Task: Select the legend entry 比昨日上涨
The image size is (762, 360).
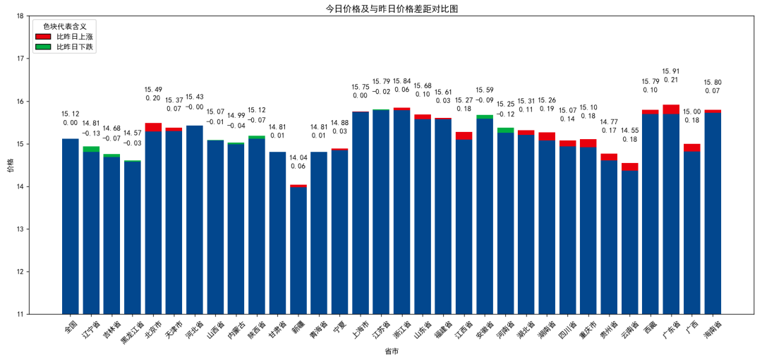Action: pyautogui.click(x=75, y=36)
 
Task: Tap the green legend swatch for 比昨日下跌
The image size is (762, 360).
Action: pyautogui.click(x=44, y=47)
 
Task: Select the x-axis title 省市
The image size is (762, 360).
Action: pyautogui.click(x=392, y=351)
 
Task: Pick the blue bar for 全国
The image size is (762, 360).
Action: pyautogui.click(x=71, y=226)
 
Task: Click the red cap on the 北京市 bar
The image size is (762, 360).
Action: pyautogui.click(x=153, y=127)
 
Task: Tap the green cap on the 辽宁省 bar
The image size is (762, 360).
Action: pyautogui.click(x=91, y=149)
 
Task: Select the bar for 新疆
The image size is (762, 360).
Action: pyautogui.click(x=298, y=251)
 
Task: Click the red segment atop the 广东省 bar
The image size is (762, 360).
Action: pyautogui.click(x=671, y=109)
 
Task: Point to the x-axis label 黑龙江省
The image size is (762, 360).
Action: pyautogui.click(x=133, y=330)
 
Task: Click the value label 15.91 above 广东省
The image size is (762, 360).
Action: pyautogui.click(x=671, y=71)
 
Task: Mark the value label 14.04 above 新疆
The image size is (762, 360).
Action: pyautogui.click(x=298, y=157)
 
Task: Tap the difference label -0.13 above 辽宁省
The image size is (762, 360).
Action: pyautogui.click(x=91, y=133)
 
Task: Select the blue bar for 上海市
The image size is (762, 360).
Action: pyautogui.click(x=361, y=212)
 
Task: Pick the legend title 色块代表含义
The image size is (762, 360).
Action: pyautogui.click(x=65, y=26)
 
